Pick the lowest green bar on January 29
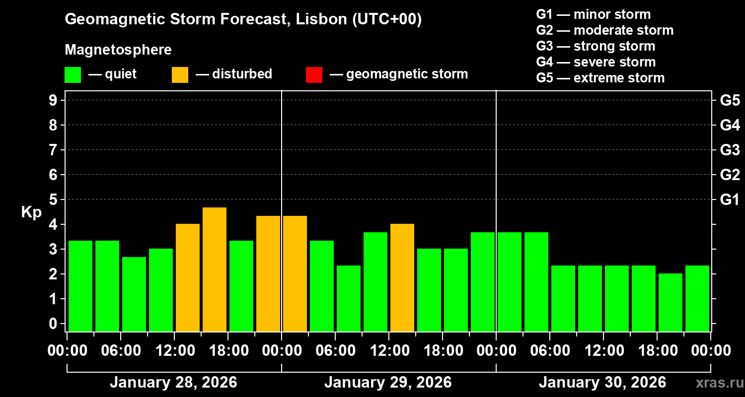point(349,298)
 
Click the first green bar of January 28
point(80,285)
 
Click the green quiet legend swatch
point(73,74)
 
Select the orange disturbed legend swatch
point(180,74)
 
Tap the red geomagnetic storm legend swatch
point(314,74)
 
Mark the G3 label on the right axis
point(730,150)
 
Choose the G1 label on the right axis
point(730,199)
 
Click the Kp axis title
point(31,212)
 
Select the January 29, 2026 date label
point(388,382)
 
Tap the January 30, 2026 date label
point(602,382)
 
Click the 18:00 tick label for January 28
point(227,350)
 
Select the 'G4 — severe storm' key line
point(596,62)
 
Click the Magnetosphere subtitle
point(118,50)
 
